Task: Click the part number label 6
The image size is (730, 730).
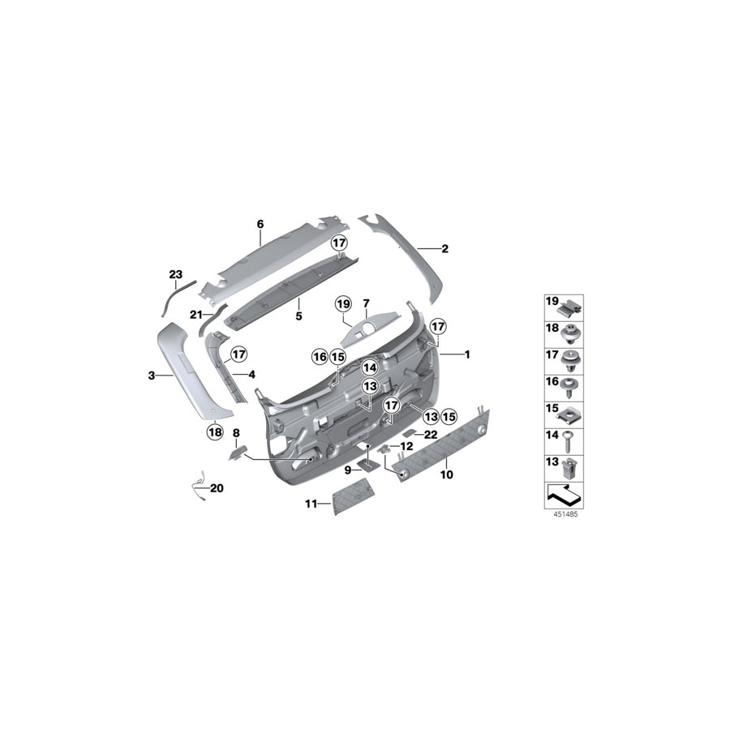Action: point(260,223)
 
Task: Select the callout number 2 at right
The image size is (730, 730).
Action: point(444,249)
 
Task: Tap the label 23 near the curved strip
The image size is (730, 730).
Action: point(176,276)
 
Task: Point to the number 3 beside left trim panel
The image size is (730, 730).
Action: point(151,376)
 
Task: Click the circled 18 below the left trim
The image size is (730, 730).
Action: point(214,432)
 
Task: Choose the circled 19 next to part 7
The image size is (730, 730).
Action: point(343,304)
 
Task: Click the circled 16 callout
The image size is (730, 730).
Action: point(320,356)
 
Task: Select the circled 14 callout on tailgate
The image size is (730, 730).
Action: point(370,366)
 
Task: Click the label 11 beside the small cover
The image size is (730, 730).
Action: point(311,504)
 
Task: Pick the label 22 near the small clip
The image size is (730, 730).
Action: point(431,435)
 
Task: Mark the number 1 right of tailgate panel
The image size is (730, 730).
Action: point(467,354)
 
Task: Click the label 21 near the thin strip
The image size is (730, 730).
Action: point(195,314)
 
